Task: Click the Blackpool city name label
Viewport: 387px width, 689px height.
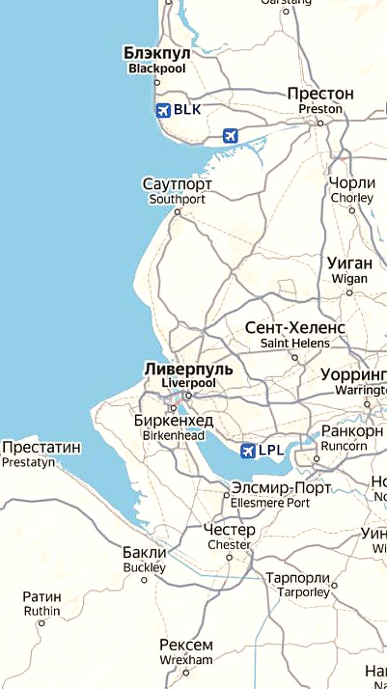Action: click(157, 60)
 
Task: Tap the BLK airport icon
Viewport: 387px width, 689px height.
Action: click(163, 110)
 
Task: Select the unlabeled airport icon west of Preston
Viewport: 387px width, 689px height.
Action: click(231, 136)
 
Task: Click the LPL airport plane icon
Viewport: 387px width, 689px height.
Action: click(248, 451)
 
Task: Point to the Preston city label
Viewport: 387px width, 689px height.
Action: click(320, 100)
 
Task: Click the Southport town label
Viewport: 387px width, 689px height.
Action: click(177, 191)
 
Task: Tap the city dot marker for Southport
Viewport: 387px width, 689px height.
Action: click(177, 212)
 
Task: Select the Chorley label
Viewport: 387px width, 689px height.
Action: click(352, 189)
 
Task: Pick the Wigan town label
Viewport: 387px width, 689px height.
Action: click(349, 270)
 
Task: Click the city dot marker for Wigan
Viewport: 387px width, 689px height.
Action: click(349, 293)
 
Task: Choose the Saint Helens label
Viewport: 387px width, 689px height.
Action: click(295, 334)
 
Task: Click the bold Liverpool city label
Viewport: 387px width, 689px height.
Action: click(189, 375)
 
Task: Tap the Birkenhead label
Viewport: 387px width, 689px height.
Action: click(174, 427)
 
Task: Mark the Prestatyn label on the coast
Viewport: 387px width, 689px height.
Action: click(41, 454)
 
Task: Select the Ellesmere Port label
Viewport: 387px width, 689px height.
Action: click(281, 495)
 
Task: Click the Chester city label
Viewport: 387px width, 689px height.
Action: click(230, 537)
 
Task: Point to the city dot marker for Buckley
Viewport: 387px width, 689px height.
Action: click(144, 580)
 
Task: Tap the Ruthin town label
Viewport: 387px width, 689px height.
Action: click(41, 603)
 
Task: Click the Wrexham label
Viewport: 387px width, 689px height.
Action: click(186, 651)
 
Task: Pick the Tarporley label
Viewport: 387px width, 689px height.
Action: click(298, 585)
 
